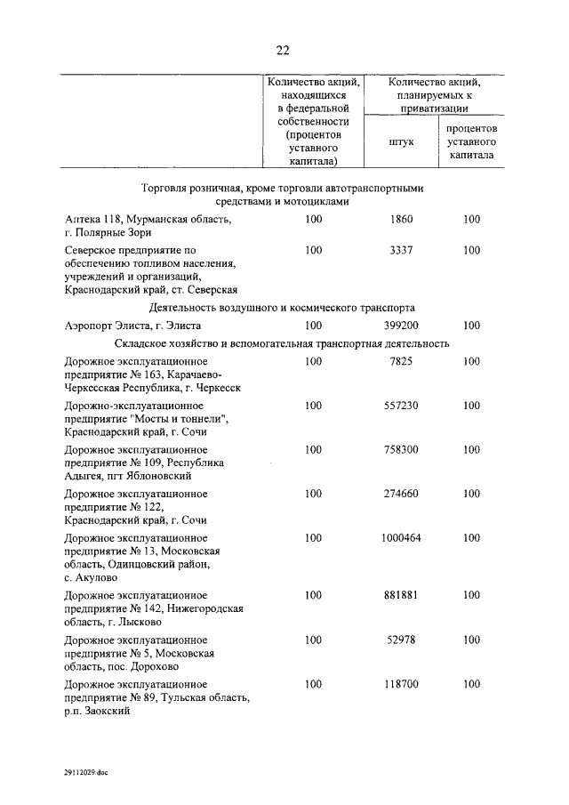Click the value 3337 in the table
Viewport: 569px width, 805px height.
click(402, 251)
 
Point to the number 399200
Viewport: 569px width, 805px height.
click(402, 326)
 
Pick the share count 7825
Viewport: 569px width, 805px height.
click(402, 362)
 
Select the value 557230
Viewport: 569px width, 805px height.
click(402, 406)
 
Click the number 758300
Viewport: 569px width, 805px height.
click(402, 449)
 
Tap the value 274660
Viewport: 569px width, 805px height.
click(402, 493)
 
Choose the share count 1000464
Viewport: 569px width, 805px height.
click(402, 537)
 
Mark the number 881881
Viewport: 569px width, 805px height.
click(402, 595)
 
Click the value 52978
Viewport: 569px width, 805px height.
click(402, 640)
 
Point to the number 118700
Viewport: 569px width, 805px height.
click(402, 684)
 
